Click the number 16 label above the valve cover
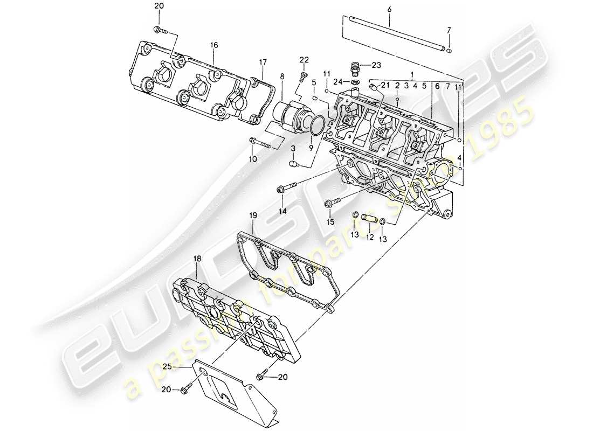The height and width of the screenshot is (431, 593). [214, 45]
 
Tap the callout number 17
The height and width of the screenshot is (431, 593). [263, 62]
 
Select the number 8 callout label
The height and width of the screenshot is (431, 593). [281, 77]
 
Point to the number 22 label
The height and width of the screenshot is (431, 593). [305, 59]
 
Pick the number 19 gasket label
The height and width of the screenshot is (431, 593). [253, 215]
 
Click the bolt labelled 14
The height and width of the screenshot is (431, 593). [285, 189]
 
